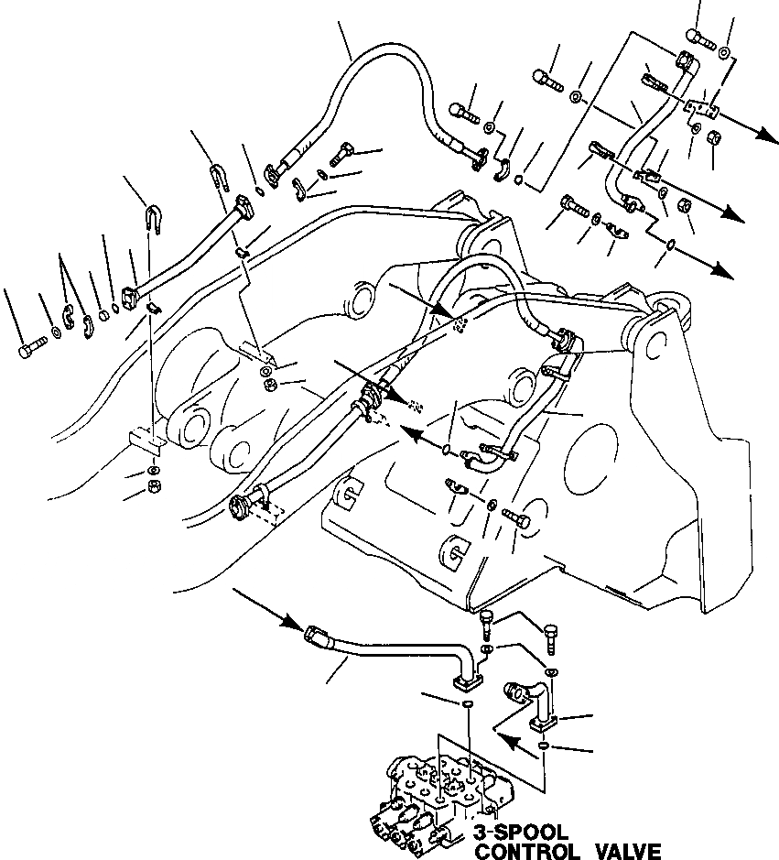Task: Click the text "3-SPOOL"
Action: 521,833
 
